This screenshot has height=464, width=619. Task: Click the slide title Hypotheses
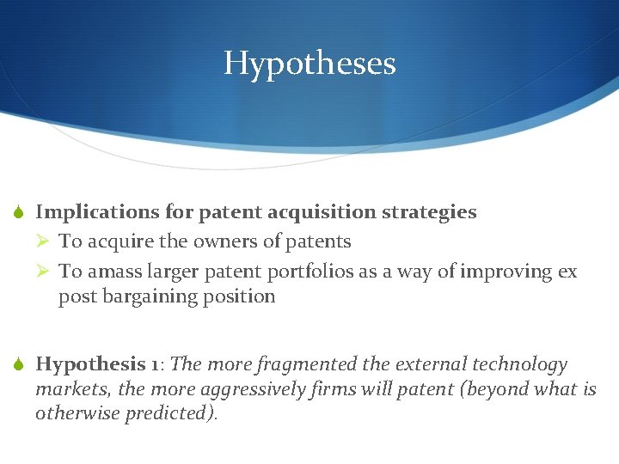tap(309, 64)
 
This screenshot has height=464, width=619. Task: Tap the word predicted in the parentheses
tap(173, 413)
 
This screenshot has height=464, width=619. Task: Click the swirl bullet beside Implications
tap(19, 212)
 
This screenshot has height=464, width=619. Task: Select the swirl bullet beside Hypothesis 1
tap(19, 364)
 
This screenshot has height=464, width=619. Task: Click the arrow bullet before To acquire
tap(46, 242)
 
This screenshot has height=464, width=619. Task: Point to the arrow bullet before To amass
tap(46, 272)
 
